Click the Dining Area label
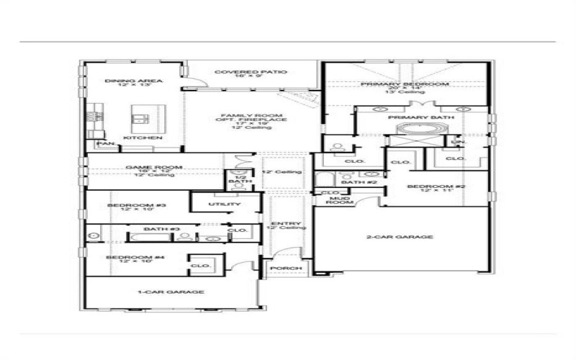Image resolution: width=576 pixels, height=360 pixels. tap(123, 81)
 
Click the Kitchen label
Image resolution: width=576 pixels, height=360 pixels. tap(142, 138)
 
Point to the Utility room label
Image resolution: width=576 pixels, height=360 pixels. tap(224, 204)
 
